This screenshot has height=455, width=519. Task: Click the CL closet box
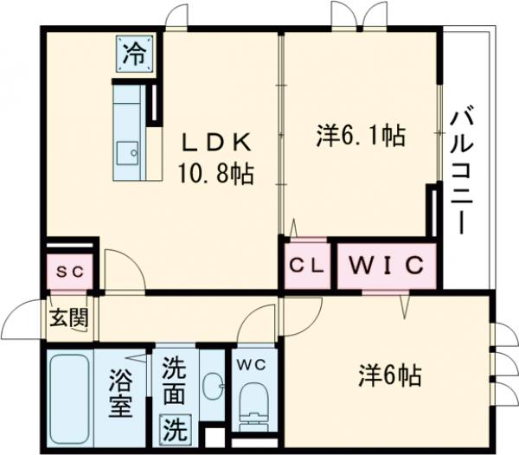(305, 266)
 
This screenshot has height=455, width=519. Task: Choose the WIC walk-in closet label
(386, 265)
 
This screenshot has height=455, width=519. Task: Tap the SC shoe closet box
(71, 271)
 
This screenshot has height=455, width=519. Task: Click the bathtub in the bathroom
(70, 397)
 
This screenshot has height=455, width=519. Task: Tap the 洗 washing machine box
(176, 427)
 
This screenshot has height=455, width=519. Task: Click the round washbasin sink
(211, 384)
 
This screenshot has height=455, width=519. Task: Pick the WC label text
(253, 363)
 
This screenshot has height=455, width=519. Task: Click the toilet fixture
(253, 407)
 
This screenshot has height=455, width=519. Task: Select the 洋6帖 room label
(390, 375)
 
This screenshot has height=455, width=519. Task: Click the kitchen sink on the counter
(127, 152)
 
